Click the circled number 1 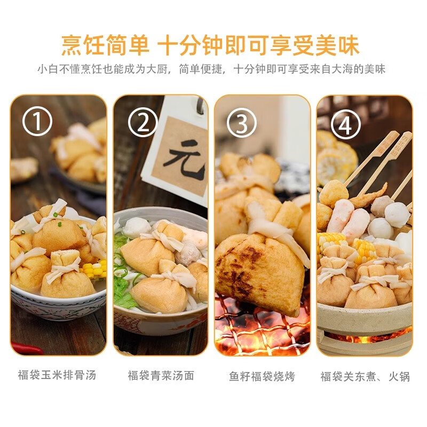tap(37, 121)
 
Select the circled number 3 tap(242, 123)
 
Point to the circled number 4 tap(345, 124)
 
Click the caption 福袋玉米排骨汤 tap(57, 375)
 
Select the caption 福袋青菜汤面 tap(161, 375)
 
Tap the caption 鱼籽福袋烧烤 tap(262, 376)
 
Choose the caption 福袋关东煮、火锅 tap(365, 376)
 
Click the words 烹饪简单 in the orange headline tap(105, 45)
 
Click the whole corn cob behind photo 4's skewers tap(337, 159)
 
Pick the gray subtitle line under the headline tap(211, 69)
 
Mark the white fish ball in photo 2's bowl tap(136, 227)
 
